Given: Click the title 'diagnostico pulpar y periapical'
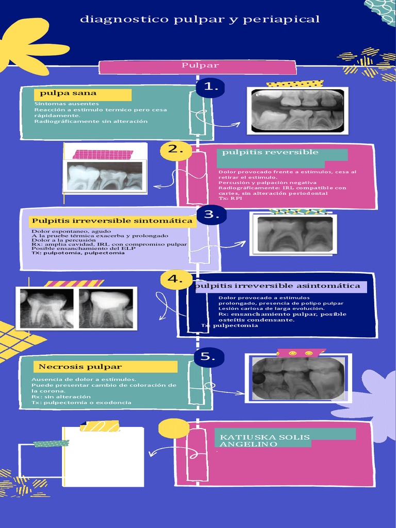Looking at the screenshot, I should point(200,20).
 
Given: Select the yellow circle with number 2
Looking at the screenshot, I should point(176,150).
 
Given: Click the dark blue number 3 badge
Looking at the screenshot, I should point(211,214).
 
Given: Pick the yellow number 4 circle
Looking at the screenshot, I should point(176,279).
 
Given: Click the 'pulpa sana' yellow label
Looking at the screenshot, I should point(82,94).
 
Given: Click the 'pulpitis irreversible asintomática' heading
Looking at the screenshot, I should point(278,286).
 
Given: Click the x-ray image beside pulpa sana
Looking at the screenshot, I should point(298,110).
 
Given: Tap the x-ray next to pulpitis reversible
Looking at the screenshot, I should point(105,176).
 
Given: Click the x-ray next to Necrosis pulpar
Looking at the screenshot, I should point(298,378).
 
